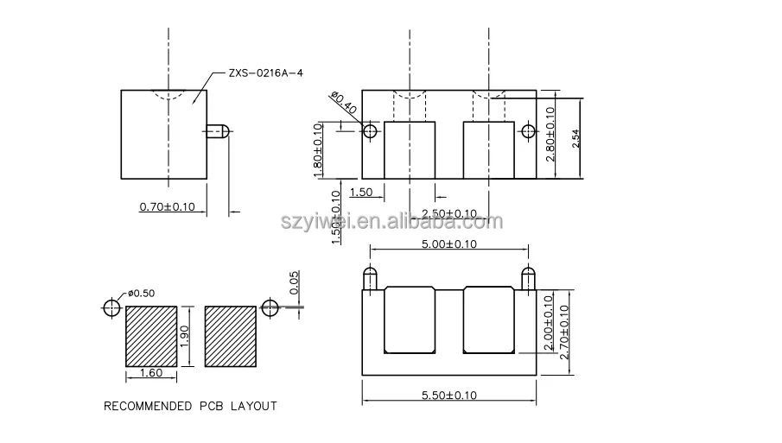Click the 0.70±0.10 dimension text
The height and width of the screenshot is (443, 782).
click(x=167, y=206)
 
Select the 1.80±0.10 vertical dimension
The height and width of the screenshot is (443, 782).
click(x=318, y=150)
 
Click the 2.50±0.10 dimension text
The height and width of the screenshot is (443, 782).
click(x=449, y=213)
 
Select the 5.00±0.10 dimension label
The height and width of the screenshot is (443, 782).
click(x=449, y=244)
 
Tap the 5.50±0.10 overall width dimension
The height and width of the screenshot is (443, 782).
click(x=449, y=395)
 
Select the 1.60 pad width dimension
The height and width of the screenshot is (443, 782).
click(x=151, y=374)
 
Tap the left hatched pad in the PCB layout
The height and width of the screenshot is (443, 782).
click(x=152, y=336)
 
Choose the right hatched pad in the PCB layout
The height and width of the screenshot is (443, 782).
click(x=230, y=336)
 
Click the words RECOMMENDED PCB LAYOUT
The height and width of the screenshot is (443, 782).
click(x=190, y=406)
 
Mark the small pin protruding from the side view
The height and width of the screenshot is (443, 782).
click(x=217, y=131)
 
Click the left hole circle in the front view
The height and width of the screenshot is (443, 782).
click(x=371, y=131)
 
